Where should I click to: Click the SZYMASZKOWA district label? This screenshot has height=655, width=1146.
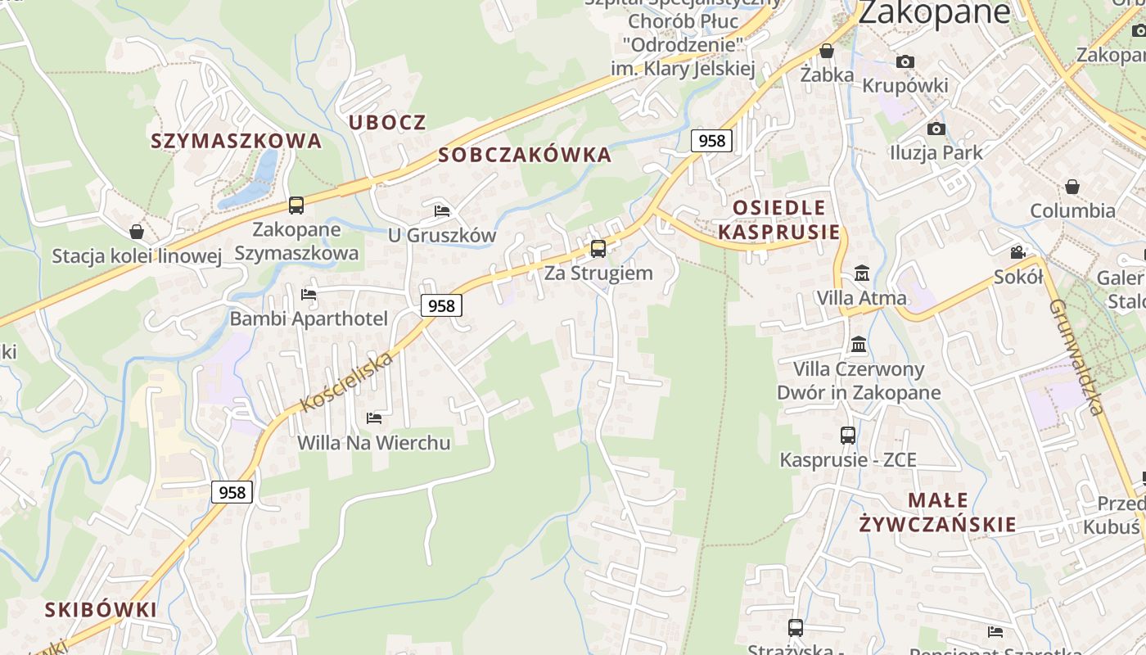(236, 141)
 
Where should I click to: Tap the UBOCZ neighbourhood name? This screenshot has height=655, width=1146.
(387, 123)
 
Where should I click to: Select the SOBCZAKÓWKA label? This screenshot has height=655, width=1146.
(525, 155)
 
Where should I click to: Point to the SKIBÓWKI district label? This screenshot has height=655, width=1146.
(101, 609)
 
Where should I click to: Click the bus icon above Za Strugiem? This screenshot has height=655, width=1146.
(598, 249)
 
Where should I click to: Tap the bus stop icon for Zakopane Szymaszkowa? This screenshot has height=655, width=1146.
(296, 206)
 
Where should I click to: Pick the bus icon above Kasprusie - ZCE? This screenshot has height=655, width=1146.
(848, 436)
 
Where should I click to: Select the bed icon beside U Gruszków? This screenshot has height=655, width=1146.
(442, 211)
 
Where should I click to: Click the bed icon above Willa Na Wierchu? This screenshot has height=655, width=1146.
(374, 418)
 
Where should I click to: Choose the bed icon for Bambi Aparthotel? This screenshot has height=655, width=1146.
(309, 295)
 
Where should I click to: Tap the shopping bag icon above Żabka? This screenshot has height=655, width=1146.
(827, 51)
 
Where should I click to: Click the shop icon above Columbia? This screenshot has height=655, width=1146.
(1072, 187)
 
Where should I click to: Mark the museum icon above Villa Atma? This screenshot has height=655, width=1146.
(861, 273)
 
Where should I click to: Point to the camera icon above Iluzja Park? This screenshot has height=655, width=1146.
(936, 129)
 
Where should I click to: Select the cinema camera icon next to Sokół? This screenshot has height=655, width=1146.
(1017, 252)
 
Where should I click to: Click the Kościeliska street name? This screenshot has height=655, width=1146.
(347, 382)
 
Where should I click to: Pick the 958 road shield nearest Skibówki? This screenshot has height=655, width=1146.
(232, 492)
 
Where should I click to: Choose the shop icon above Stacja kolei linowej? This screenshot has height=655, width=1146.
(137, 233)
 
